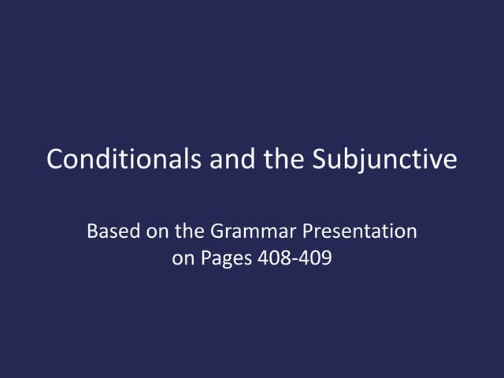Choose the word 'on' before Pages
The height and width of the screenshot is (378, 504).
point(182,258)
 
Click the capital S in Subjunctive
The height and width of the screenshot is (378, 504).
point(319,160)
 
